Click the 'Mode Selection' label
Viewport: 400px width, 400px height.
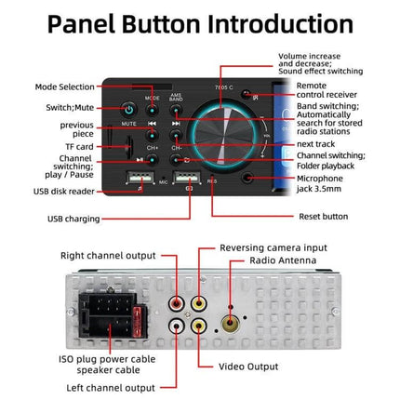tap(63, 87)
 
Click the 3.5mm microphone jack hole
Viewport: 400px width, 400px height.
tap(247, 176)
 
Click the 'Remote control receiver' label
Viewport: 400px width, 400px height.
tap(319, 92)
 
